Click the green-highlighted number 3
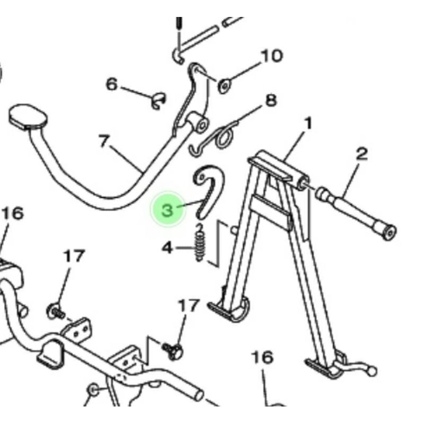(168, 210)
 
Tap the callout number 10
(271, 56)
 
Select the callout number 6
(111, 84)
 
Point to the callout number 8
(271, 100)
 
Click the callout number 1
(308, 124)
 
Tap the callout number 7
(104, 142)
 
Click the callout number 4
(167, 247)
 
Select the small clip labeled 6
(157, 101)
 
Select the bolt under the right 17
(174, 349)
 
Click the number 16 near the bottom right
(262, 358)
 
